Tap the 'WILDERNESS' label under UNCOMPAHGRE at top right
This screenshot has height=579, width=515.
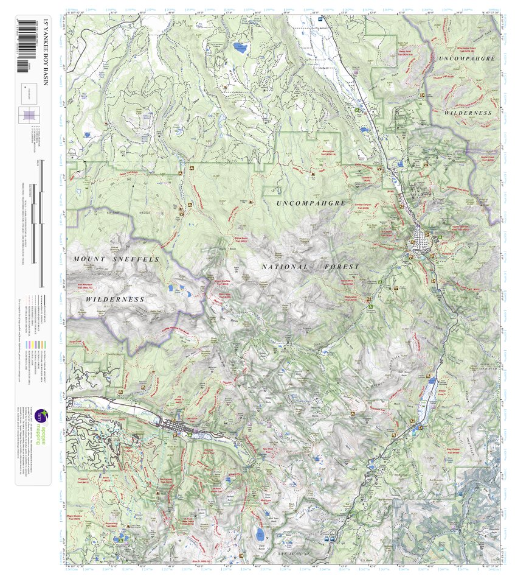tap(467, 113)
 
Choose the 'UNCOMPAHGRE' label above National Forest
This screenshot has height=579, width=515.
tap(311, 203)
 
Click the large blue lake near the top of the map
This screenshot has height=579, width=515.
tap(241, 47)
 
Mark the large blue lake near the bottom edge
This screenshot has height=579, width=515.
tap(261, 535)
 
